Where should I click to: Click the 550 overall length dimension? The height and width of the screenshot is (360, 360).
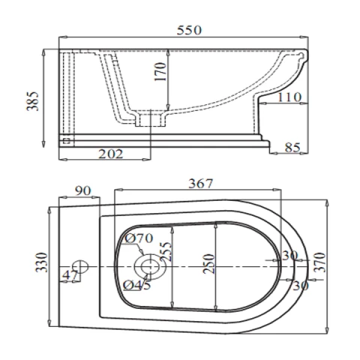(x=189, y=31)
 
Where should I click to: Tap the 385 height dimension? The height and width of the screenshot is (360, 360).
(x=33, y=101)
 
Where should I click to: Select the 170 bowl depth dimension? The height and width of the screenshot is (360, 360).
(x=160, y=72)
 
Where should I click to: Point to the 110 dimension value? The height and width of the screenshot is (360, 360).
(x=289, y=97)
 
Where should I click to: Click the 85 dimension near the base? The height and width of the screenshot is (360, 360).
(x=292, y=148)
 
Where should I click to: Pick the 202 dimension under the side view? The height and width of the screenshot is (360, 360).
(x=111, y=154)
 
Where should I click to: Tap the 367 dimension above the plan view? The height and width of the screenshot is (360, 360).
(x=200, y=184)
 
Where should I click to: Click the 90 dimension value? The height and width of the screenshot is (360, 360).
(x=82, y=191)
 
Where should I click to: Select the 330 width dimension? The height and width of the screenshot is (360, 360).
(x=41, y=262)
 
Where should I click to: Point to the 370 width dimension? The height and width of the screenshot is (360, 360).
(x=319, y=262)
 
